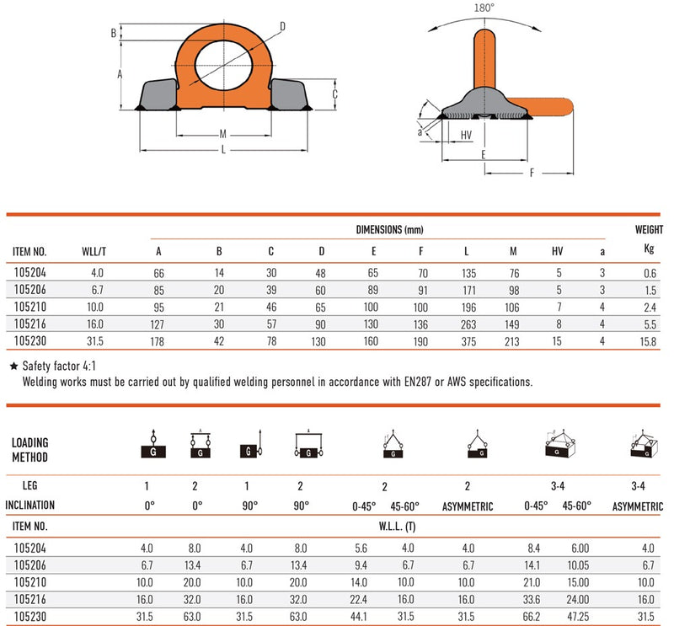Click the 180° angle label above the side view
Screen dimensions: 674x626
(x=484, y=8)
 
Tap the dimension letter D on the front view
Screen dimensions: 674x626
(x=282, y=27)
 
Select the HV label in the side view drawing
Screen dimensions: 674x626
(x=466, y=135)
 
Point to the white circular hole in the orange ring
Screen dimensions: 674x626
(x=223, y=66)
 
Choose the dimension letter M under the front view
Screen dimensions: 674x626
(x=222, y=134)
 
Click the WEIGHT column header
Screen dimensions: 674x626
(x=649, y=230)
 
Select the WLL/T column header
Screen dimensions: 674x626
(x=94, y=252)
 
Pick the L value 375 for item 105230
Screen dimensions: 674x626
(x=468, y=341)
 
